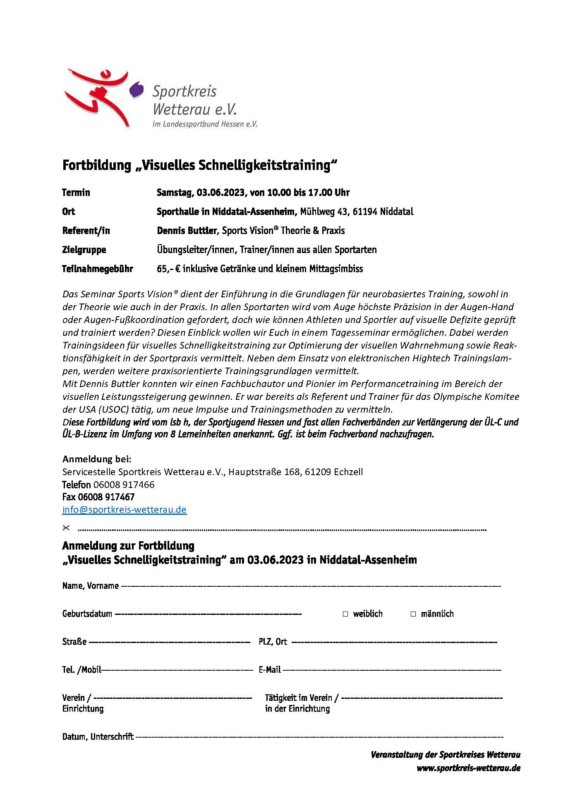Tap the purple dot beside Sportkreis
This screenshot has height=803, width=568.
click(x=137, y=89)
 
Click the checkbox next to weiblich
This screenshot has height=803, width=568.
click(x=345, y=614)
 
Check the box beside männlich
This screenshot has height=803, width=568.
click(x=413, y=614)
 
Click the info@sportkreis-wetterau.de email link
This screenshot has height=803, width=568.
click(x=124, y=509)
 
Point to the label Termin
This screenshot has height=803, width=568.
click(x=76, y=193)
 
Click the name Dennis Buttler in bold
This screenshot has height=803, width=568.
click(x=187, y=231)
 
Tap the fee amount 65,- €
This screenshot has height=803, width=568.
click(x=168, y=269)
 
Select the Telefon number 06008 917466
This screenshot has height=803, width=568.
click(x=124, y=485)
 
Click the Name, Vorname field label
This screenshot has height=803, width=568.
click(x=90, y=586)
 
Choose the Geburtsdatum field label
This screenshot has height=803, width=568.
click(x=87, y=614)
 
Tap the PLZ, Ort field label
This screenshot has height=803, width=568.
click(x=273, y=642)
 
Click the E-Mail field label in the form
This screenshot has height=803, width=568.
click(x=270, y=670)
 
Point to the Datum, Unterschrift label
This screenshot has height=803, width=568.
click(x=98, y=737)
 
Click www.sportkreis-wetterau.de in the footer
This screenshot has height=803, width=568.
click(x=468, y=768)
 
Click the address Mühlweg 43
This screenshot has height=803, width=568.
click(x=323, y=212)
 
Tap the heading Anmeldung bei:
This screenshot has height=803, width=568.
click(x=97, y=459)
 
